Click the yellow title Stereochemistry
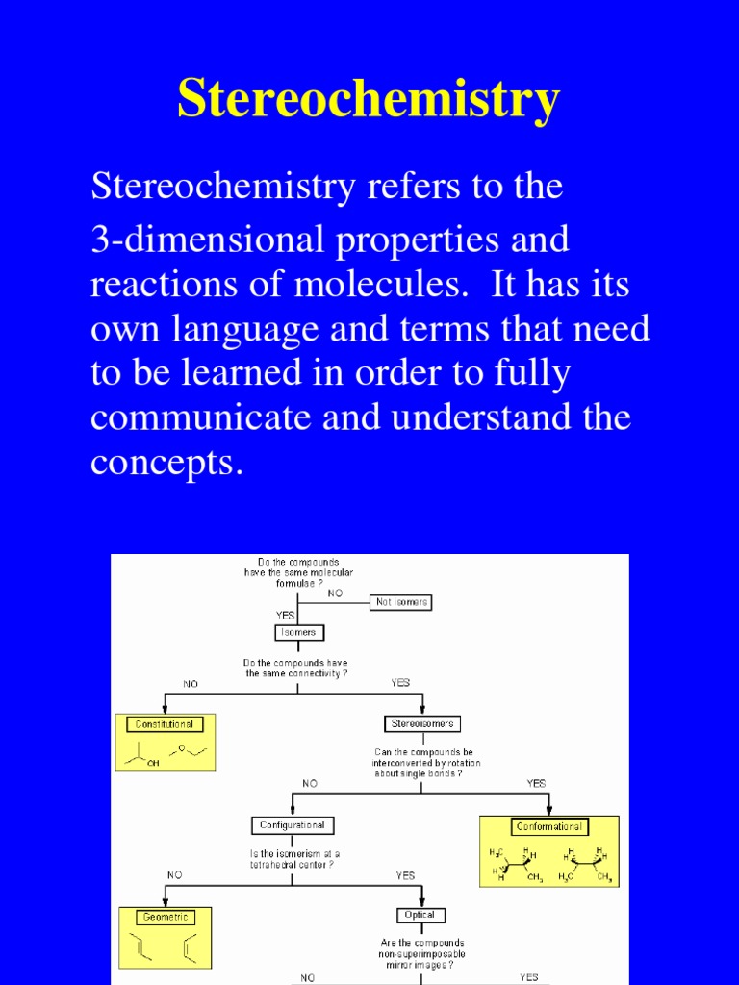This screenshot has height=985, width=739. tap(369, 99)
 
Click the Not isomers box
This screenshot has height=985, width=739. tap(400, 602)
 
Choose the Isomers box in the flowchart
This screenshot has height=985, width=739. tap(298, 633)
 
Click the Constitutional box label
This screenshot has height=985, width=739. tap(165, 724)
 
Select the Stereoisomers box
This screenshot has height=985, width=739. tap(421, 723)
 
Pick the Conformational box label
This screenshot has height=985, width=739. tap(548, 826)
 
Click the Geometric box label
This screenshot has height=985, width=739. tap(166, 917)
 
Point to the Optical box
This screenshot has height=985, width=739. tap(420, 915)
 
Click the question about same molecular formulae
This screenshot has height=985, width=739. tap(298, 572)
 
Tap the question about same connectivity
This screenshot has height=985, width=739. tap(296, 669)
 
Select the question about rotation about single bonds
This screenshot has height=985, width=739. tap(425, 763)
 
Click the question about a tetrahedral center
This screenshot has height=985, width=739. tap(295, 859)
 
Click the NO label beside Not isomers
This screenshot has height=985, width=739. tap(335, 594)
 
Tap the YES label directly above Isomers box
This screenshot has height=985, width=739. tap(285, 614)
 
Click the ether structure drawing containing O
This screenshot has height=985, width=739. tap(190, 750)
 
